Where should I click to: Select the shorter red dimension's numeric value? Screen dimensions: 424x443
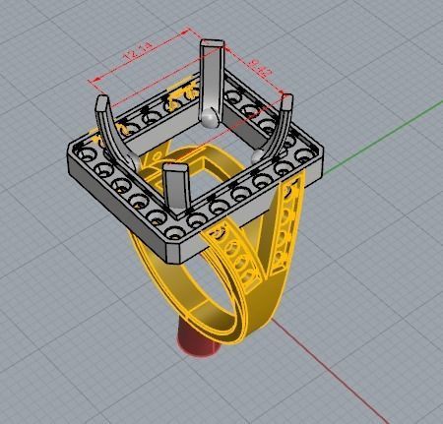click(259, 68)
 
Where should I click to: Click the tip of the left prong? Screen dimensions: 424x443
click(101, 100)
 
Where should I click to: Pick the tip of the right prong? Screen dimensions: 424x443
click(287, 99)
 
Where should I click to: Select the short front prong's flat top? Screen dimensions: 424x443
click(175, 169)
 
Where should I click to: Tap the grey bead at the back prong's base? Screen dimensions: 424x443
click(208, 118)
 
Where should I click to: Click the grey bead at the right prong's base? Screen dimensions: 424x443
click(259, 154)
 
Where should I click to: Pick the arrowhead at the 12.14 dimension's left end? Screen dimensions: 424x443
click(91, 81)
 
